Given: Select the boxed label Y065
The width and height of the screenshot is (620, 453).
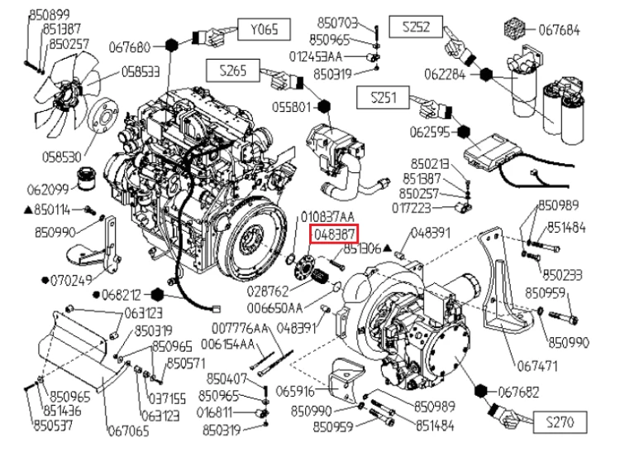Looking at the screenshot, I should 265,31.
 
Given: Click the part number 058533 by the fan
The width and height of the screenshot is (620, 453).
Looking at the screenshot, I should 141,71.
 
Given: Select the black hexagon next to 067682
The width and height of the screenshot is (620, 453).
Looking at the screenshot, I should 480,390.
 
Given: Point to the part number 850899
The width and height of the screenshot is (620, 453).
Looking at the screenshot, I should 49,14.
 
